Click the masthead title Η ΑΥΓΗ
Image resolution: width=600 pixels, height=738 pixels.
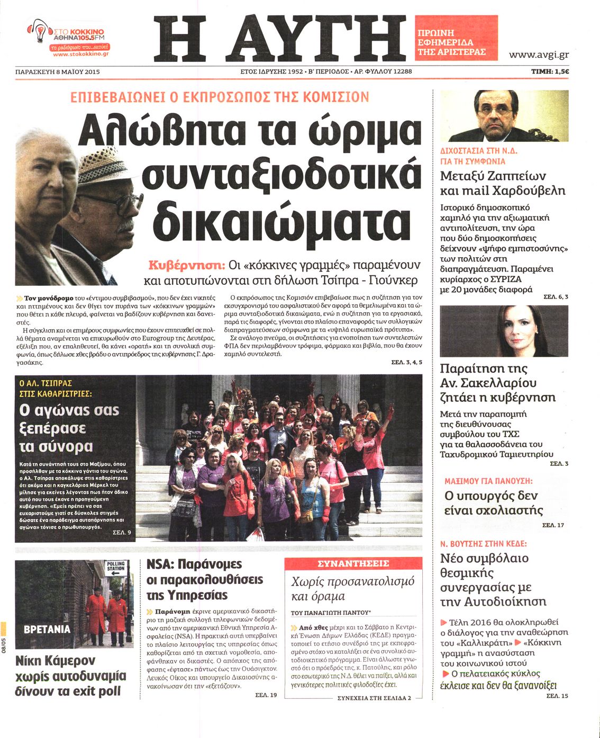tap(279, 38)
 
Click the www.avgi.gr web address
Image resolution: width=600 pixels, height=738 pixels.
tap(539, 55)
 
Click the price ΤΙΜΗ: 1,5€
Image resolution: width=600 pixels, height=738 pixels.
tap(550, 71)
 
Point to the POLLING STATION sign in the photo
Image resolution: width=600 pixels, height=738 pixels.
tap(116, 568)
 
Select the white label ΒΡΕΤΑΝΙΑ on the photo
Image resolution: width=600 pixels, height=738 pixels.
tap(47, 629)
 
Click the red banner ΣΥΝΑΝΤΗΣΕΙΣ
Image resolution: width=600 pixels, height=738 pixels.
tap(353, 563)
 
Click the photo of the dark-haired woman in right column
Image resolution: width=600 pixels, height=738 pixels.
tap(504, 331)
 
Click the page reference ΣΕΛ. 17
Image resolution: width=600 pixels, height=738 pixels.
tap(553, 525)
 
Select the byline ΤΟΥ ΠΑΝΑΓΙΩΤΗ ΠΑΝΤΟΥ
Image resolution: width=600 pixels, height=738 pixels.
tap(330, 613)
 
